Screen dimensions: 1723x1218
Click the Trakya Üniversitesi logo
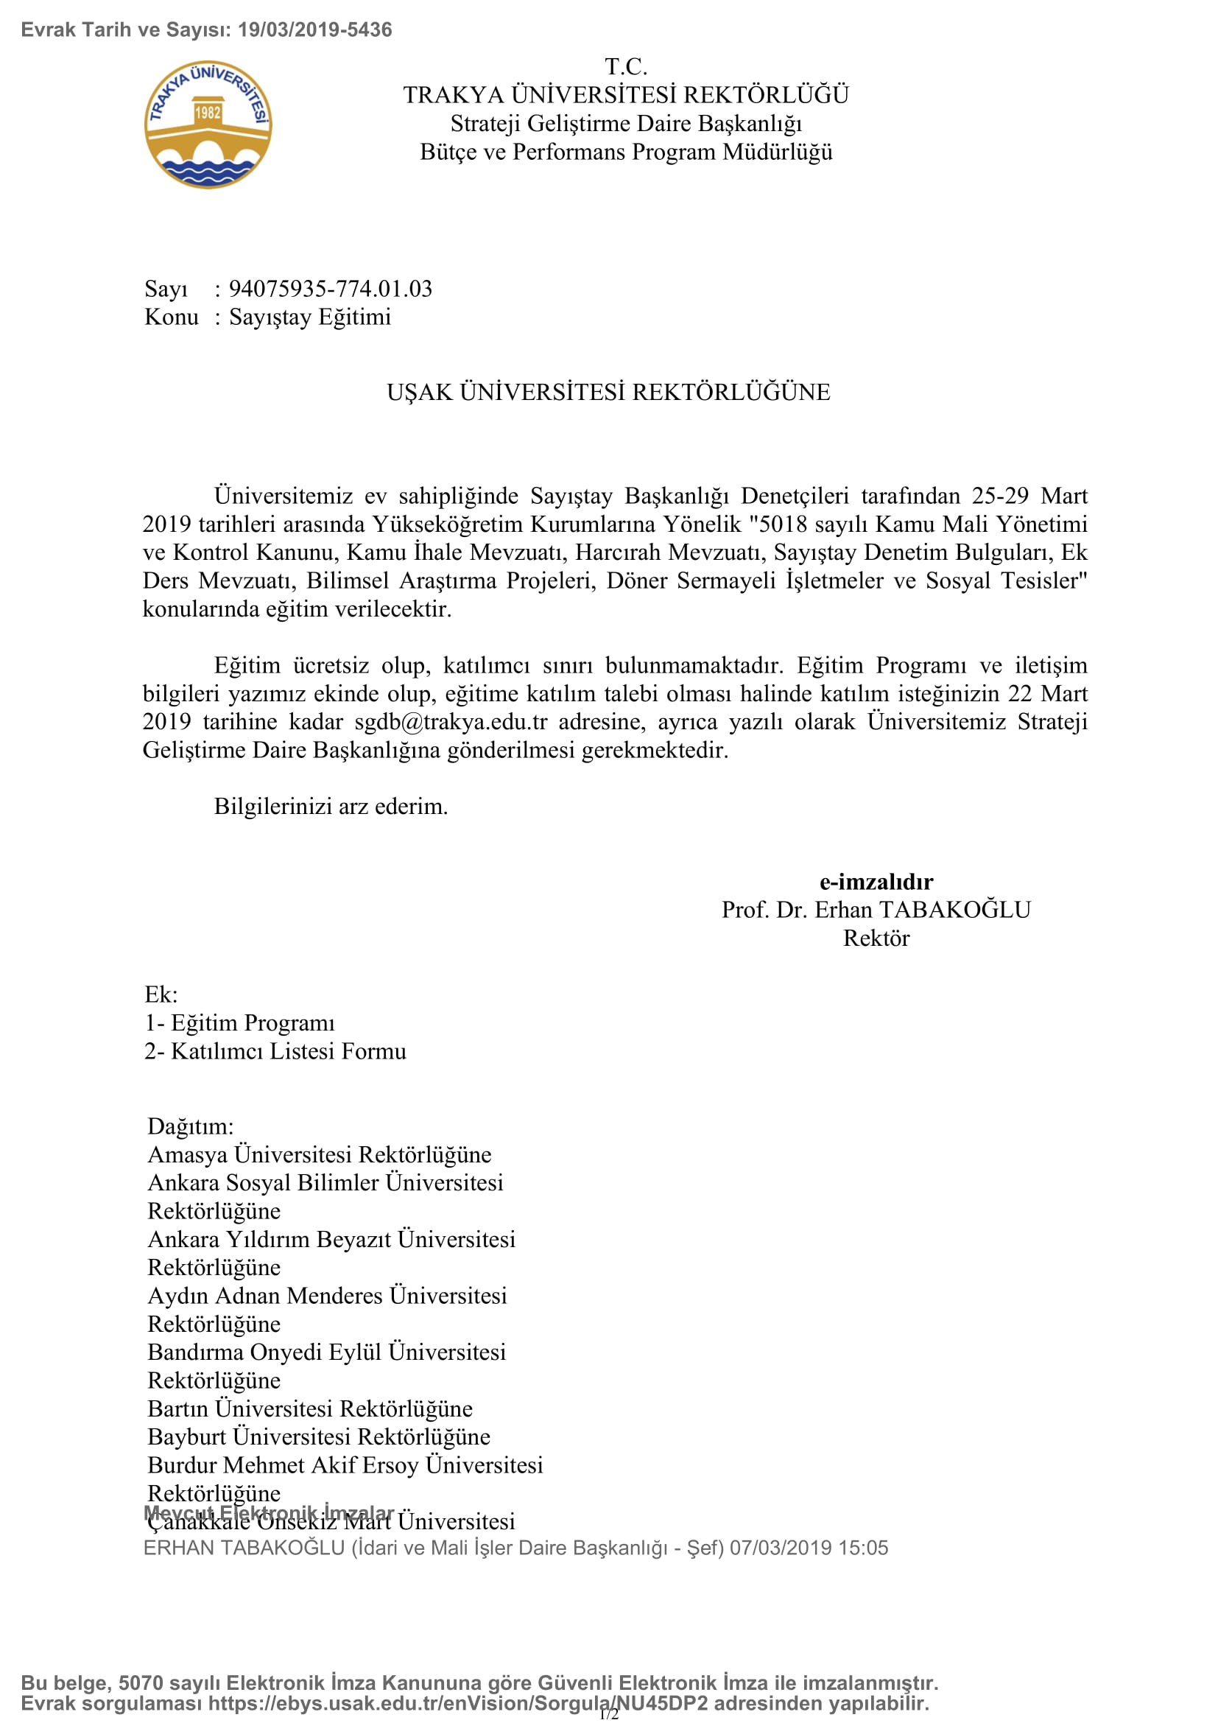pyautogui.click(x=208, y=124)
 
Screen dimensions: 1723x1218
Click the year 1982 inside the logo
pyautogui.click(x=208, y=113)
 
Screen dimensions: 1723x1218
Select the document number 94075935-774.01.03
pyautogui.click(x=330, y=289)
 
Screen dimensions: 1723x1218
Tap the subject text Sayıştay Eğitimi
pyautogui.click(x=310, y=317)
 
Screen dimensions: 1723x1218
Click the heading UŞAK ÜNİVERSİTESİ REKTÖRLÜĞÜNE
pyautogui.click(x=608, y=393)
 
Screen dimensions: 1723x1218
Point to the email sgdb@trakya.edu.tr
pyautogui.click(x=451, y=722)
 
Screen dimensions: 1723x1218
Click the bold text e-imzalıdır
pyautogui.click(x=876, y=882)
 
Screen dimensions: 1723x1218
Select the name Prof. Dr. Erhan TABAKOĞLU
pyautogui.click(x=876, y=910)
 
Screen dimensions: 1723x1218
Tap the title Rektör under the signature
pyautogui.click(x=876, y=938)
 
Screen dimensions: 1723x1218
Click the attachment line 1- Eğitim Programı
pyautogui.click(x=239, y=1023)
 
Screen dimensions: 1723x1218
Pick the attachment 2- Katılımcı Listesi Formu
pyautogui.click(x=275, y=1051)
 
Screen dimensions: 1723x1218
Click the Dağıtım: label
pyautogui.click(x=191, y=1126)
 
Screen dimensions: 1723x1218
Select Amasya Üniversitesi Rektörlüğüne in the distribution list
pyautogui.click(x=320, y=1155)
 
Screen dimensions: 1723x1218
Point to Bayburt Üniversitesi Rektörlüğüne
pyautogui.click(x=319, y=1437)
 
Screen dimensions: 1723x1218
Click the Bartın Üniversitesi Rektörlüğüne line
pyautogui.click(x=310, y=1408)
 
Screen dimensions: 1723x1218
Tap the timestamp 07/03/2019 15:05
pyautogui.click(x=809, y=1548)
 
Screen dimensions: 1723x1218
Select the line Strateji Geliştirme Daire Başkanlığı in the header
pyautogui.click(x=625, y=124)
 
